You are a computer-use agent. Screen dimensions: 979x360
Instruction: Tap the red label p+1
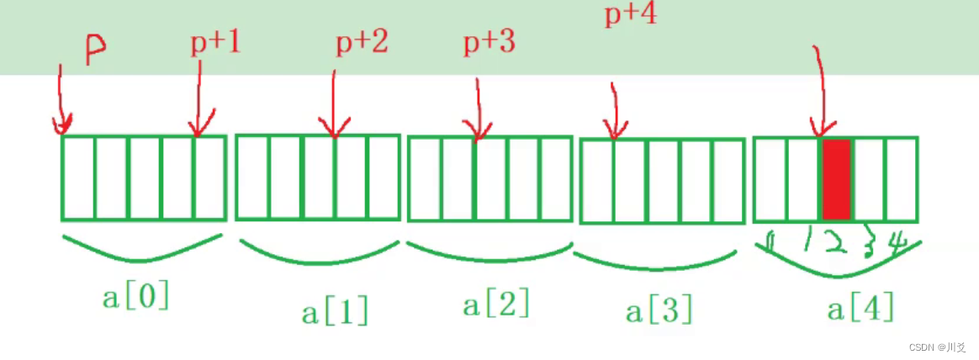[x=215, y=43]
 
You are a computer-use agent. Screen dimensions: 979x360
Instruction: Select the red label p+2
[x=362, y=42]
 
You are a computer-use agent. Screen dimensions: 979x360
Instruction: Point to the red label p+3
[x=489, y=43]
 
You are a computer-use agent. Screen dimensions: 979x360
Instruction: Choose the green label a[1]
[x=335, y=312]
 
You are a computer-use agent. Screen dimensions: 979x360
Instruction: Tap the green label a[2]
[x=496, y=304]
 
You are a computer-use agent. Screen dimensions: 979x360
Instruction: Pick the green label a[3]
[x=659, y=310]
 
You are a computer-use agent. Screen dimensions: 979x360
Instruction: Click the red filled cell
[x=835, y=178]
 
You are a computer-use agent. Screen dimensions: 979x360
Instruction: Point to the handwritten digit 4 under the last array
[x=897, y=244]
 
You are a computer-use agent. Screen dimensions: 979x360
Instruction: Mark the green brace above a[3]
[x=654, y=262]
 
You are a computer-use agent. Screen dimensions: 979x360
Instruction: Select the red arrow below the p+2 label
[x=333, y=105]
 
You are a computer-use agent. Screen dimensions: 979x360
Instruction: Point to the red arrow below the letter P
[x=59, y=97]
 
